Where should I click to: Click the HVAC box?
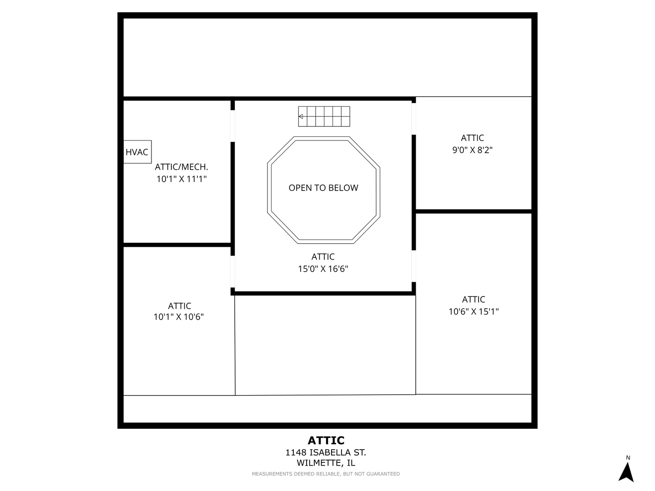click(137, 152)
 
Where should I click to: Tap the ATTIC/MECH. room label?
click(181, 167)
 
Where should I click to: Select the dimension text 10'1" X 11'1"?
click(181, 179)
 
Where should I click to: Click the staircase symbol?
click(324, 116)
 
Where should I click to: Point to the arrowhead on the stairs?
click(301, 116)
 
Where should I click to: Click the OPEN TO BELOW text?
click(323, 188)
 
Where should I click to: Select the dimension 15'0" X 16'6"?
click(323, 269)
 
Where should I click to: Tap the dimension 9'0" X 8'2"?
click(472, 150)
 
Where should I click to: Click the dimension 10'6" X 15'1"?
click(474, 311)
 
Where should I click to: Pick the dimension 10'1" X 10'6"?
click(178, 316)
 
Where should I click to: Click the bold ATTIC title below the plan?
click(326, 441)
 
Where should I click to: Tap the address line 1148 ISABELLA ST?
click(326, 452)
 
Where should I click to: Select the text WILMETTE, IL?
click(326, 463)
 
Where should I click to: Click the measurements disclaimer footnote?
click(326, 474)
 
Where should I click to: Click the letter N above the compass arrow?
click(628, 458)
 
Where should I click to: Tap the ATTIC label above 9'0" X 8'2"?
click(472, 138)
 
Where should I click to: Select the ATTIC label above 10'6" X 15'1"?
click(474, 299)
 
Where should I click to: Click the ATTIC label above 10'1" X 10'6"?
click(179, 306)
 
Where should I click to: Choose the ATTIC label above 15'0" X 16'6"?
click(323, 257)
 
